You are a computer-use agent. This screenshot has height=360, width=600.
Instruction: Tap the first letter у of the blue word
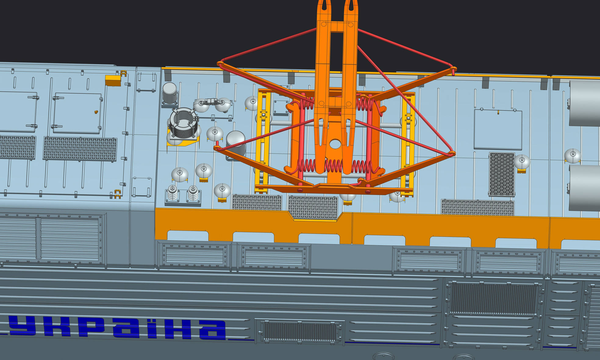coord(21,326)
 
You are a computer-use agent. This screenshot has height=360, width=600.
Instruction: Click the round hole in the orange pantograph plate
coord(335,144)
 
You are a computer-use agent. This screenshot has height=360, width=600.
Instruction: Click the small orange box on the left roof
coord(113,80)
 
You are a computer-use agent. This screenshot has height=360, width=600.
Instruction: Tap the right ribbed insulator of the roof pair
coord(193,194)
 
